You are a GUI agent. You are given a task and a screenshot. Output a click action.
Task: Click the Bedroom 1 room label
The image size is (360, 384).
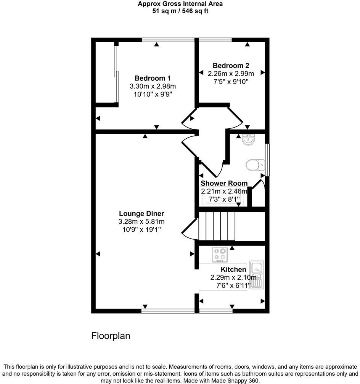tap(153, 78)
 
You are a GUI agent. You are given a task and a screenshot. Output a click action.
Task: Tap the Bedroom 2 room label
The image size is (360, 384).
tap(231, 65)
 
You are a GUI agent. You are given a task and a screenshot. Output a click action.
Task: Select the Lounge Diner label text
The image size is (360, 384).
tap(141, 213)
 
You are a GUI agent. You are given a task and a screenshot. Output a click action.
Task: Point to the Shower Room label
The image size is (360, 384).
tap(224, 183)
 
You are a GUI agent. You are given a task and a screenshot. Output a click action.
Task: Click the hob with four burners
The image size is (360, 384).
tap(220, 255)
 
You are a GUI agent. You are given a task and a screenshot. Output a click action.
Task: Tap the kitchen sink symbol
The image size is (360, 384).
tap(257, 275)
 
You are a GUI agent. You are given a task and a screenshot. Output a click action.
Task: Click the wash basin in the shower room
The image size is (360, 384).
tap(248, 140)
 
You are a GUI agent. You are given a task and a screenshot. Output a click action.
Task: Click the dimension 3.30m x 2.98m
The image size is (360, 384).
tap(153, 86)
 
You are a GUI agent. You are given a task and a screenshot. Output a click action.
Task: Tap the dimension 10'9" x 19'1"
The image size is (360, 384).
tap(141, 229)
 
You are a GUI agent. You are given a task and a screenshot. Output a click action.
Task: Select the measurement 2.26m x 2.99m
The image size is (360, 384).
tap(231, 74)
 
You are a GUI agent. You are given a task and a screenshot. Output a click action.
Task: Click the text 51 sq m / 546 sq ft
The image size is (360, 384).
tap(180, 11)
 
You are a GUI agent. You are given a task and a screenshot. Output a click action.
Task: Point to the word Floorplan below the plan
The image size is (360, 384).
tap(111, 336)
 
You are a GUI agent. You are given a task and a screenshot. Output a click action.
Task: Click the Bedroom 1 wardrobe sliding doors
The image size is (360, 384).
tap(116, 72)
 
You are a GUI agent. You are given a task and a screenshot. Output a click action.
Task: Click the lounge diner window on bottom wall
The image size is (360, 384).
tap(168, 311)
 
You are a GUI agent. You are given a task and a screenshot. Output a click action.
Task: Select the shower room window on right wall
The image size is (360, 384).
tap(267, 160)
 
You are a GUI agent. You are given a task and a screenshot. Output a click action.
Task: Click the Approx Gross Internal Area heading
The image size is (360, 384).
tap(180, 4)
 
